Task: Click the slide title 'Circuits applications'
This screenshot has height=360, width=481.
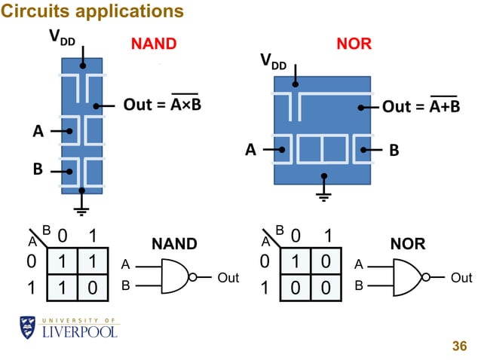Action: pos(92,11)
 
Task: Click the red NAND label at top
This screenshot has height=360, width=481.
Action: pos(154,44)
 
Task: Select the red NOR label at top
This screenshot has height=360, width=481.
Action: pos(354,44)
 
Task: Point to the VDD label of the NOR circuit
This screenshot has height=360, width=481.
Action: pos(273,63)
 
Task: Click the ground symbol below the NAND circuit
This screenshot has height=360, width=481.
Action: pos(81,212)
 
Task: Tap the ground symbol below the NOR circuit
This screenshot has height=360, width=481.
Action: pos(324,197)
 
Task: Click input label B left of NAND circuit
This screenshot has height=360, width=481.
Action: pos(38,169)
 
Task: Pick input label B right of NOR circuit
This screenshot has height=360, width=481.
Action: pos(392,150)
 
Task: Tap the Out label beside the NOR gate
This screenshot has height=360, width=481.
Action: pos(461,278)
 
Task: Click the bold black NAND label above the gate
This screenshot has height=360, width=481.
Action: pos(174,244)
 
